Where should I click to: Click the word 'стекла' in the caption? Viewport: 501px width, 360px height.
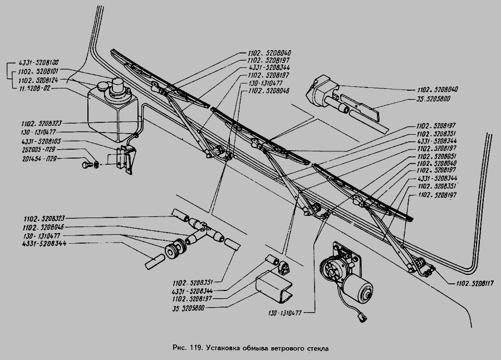tap(317, 349)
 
